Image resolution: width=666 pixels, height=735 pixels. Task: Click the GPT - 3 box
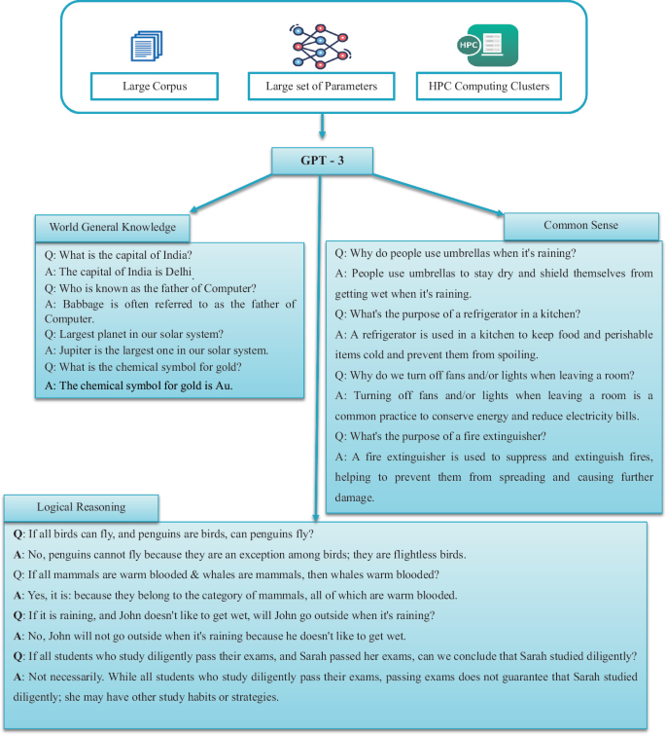[322, 160]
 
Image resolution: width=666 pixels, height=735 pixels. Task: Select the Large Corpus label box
[155, 86]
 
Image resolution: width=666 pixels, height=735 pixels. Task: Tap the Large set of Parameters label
[321, 86]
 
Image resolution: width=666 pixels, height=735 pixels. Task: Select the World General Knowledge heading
[112, 227]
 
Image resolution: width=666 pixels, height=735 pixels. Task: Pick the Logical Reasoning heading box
[80, 507]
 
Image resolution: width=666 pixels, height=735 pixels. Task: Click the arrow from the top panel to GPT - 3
[322, 127]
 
